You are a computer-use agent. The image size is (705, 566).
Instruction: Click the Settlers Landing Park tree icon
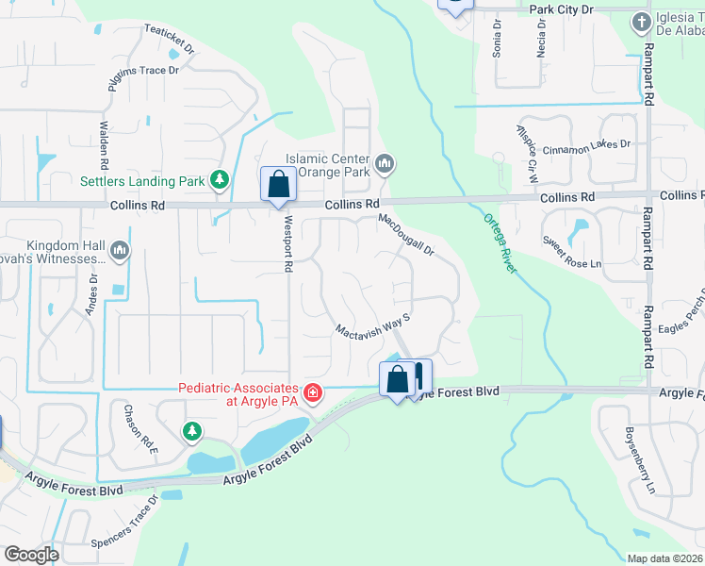click(220, 178)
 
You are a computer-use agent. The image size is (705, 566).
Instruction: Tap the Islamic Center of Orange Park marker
click(385, 165)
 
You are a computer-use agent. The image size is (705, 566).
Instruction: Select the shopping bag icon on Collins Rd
click(278, 184)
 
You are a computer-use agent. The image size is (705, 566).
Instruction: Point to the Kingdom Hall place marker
click(119, 251)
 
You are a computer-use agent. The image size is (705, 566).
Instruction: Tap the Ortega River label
click(500, 243)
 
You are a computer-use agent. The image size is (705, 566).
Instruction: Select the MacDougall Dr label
click(406, 235)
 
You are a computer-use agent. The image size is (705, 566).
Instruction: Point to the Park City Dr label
click(562, 8)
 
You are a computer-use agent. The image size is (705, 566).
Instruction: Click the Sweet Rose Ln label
click(571, 251)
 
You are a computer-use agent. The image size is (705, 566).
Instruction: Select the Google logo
click(31, 555)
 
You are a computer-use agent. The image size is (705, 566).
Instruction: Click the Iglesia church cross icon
click(641, 21)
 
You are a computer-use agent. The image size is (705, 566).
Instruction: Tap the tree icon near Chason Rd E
click(192, 432)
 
